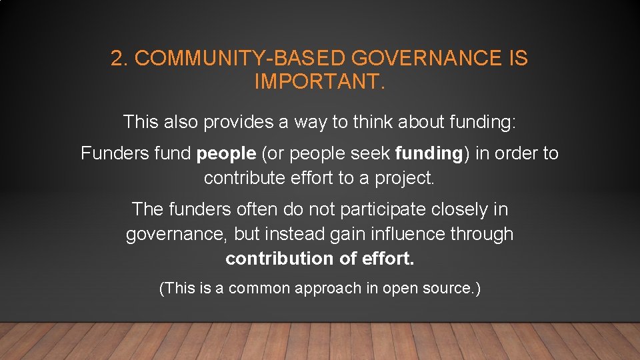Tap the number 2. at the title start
pyautogui.click(x=119, y=59)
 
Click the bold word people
pyautogui.click(x=227, y=154)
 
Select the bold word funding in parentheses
pyautogui.click(x=428, y=154)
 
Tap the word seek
pyautogui.click(x=370, y=154)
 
